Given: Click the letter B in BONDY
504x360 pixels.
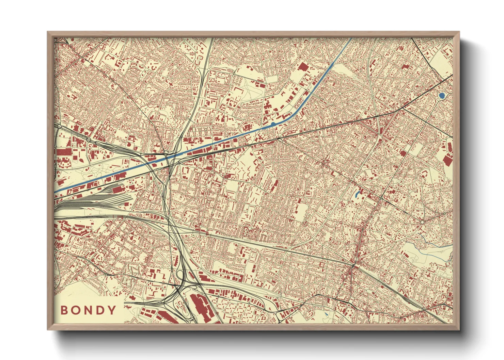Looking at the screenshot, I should (x=64, y=310).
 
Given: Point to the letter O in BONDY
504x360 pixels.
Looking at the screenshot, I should (x=76, y=310).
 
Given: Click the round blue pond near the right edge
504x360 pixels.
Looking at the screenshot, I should (x=442, y=96).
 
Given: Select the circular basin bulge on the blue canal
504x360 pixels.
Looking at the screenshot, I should (x=273, y=124).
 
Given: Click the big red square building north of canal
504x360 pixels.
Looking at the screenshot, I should (x=303, y=66).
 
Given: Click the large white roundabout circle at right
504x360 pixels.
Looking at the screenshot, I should (x=422, y=222).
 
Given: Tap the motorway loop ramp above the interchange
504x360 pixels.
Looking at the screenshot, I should (x=179, y=274).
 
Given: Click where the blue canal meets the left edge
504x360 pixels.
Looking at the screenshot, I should (x=56, y=192).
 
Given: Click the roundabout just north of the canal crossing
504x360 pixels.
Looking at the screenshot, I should (x=165, y=152).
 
